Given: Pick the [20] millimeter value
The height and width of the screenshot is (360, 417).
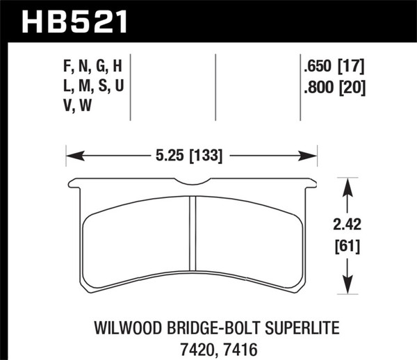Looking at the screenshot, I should pos(351,88).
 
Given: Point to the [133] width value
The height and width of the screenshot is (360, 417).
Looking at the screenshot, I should pos(205,156).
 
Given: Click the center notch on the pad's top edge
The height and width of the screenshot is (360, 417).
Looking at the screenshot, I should pos(192,183).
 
